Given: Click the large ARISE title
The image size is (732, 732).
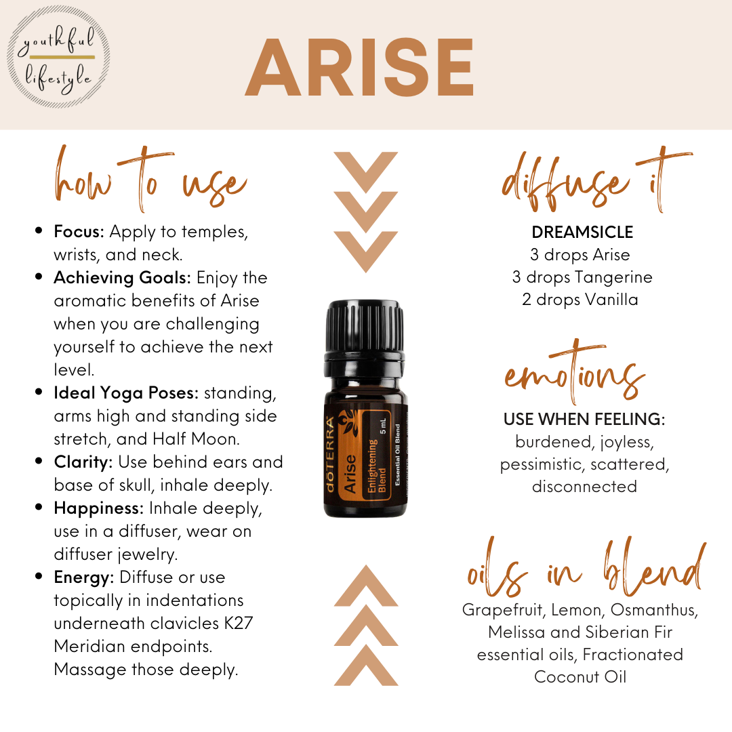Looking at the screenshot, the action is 359,67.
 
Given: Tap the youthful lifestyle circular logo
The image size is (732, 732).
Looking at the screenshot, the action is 59,58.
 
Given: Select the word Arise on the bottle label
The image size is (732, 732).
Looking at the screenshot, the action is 350,473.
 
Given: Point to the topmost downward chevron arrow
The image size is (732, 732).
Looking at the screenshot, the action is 365,171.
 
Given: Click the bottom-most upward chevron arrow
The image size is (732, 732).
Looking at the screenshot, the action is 366,665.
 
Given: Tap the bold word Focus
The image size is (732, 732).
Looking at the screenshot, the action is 79,232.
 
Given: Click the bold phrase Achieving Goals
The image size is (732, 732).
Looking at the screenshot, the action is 122,278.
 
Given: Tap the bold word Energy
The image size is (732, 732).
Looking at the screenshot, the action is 84,578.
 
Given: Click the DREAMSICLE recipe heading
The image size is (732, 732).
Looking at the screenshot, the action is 582,232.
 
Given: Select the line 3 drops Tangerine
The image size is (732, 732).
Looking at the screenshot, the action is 582,277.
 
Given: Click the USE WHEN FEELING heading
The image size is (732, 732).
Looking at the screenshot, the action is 584,420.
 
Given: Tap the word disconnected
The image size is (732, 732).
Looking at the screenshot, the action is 584,487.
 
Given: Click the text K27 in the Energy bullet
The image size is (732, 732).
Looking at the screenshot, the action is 239,624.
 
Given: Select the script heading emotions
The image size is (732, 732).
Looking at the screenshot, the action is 574,373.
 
